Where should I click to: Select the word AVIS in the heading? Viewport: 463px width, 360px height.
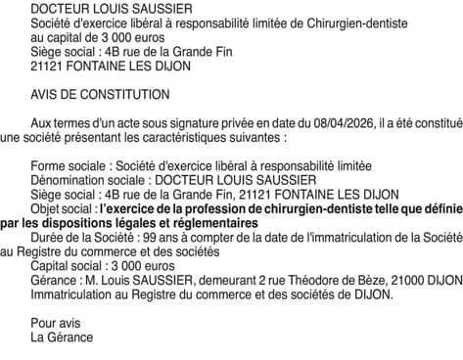tap(45, 94)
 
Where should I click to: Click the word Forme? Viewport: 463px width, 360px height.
tap(49, 165)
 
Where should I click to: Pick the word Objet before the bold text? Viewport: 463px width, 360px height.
tap(46, 208)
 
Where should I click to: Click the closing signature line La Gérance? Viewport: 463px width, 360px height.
tap(62, 337)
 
